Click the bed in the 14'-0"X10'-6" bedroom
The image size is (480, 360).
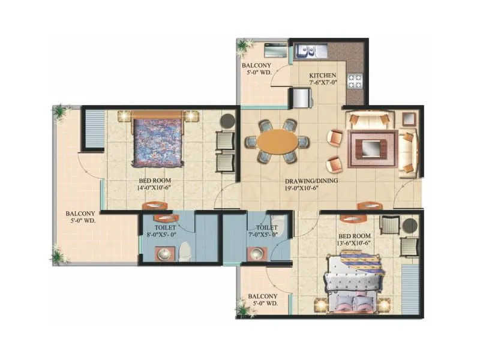point(158,140)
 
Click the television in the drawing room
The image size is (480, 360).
point(370,146)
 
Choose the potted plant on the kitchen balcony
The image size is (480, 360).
point(243,46)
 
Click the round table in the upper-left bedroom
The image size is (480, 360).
point(227,121)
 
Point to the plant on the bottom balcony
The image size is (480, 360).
point(244,309)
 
